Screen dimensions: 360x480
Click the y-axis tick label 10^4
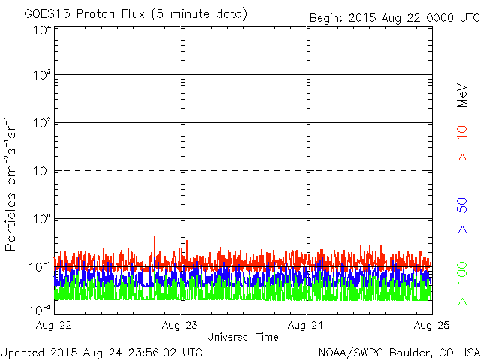point(42,30)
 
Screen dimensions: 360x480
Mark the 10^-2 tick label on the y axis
point(41,308)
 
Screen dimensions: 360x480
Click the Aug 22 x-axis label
point(56,325)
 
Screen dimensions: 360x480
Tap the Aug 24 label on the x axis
point(306,325)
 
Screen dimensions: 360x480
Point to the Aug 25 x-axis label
point(431,325)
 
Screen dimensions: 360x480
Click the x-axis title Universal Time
point(242,337)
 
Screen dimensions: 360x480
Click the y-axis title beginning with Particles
point(11,184)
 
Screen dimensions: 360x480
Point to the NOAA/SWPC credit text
point(398,352)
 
